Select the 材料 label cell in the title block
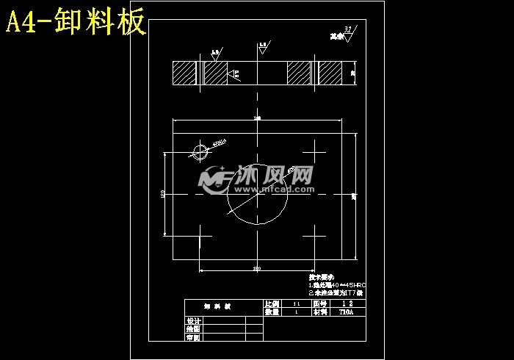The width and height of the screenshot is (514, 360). tap(319, 312)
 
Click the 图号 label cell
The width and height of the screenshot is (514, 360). tap(319, 303)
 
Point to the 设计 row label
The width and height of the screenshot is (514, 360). tap(193, 321)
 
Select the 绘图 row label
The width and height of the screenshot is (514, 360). tap(193, 329)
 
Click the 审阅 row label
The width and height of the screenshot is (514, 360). tap(193, 337)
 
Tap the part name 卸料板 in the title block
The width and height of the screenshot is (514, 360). tap(217, 307)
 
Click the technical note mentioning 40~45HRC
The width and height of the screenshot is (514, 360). tap(337, 284)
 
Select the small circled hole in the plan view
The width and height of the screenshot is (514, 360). tap(200, 152)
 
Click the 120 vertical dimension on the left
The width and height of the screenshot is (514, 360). tap(162, 194)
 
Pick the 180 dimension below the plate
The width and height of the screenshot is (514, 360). tap(257, 269)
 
